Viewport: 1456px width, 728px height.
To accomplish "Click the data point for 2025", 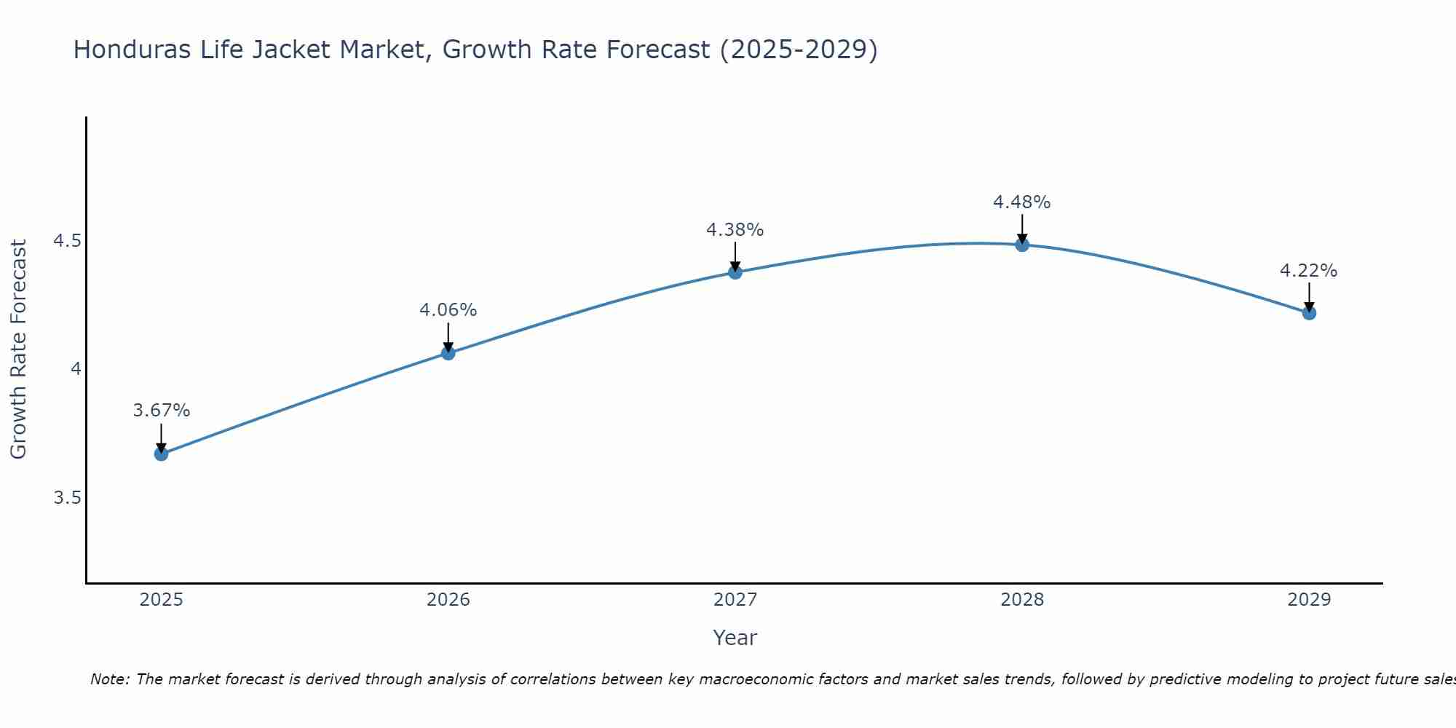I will coord(161,454).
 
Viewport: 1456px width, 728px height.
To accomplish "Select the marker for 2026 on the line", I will coord(448,353).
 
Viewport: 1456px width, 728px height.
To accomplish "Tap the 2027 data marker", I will coord(735,272).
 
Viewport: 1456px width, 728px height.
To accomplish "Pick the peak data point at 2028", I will coord(1022,245).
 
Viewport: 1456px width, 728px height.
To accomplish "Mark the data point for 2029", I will coord(1309,313).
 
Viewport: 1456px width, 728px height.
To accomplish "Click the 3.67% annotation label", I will coord(161,411).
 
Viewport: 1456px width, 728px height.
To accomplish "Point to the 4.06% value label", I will coord(448,310).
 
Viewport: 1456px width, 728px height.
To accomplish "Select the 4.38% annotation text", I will coord(735,230).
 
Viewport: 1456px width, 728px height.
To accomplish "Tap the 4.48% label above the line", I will coord(1022,202).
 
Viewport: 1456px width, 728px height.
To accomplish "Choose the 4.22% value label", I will coord(1309,271).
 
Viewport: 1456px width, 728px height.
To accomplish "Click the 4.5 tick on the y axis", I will coord(67,241).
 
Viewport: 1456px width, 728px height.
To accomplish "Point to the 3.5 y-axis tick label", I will coord(67,498).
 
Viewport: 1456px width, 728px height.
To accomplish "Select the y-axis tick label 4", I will coord(76,369).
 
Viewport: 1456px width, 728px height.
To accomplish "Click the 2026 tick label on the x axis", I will coord(448,600).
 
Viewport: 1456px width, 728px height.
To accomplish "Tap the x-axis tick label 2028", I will coord(1022,600).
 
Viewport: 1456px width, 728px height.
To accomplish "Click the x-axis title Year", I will coord(735,638).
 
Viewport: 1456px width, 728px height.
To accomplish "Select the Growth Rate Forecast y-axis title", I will coord(19,349).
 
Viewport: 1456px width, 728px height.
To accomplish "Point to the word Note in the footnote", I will coord(110,679).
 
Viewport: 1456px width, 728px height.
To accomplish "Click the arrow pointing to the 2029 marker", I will coord(1309,296).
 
